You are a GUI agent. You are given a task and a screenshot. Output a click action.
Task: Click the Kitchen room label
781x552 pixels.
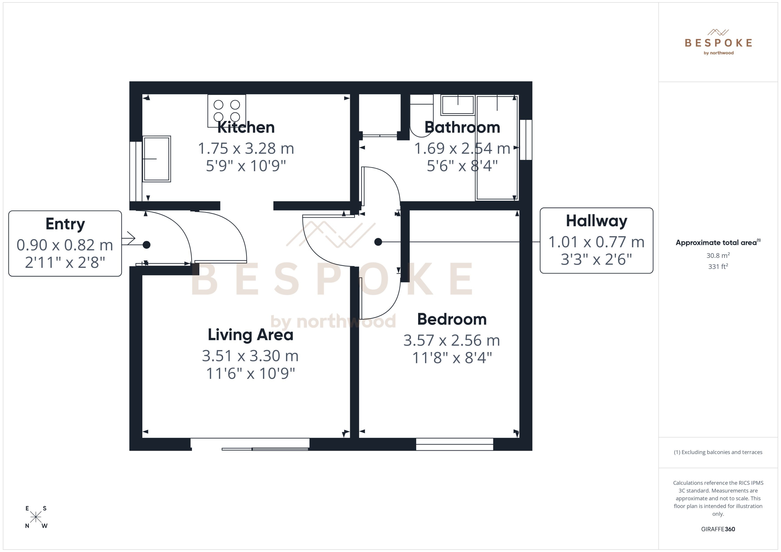pyautogui.click(x=246, y=127)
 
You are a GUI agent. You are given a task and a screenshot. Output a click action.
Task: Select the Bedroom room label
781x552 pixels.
pyautogui.click(x=452, y=319)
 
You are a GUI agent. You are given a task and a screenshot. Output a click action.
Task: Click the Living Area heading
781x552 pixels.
pyautogui.click(x=250, y=335)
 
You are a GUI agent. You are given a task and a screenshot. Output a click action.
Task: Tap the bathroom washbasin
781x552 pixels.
pyautogui.click(x=457, y=105)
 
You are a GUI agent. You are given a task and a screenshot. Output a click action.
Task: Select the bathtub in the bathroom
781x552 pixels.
pyautogui.click(x=497, y=153)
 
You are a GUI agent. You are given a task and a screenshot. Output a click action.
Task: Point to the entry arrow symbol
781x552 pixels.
pyautogui.click(x=130, y=238)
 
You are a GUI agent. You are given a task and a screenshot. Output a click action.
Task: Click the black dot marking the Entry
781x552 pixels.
pyautogui.click(x=146, y=245)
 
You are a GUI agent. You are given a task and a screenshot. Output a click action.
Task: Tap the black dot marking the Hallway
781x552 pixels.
pyautogui.click(x=378, y=242)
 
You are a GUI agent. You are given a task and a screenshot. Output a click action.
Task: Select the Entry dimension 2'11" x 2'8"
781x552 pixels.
pyautogui.click(x=65, y=262)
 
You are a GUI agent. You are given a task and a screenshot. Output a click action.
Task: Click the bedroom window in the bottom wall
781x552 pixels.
pyautogui.click(x=454, y=444)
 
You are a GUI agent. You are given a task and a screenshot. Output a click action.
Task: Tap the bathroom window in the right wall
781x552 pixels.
pyautogui.click(x=526, y=140)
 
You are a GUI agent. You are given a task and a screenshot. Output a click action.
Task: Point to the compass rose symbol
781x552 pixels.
pyautogui.click(x=36, y=517)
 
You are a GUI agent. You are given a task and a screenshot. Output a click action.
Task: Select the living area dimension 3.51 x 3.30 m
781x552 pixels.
pyautogui.click(x=250, y=356)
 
